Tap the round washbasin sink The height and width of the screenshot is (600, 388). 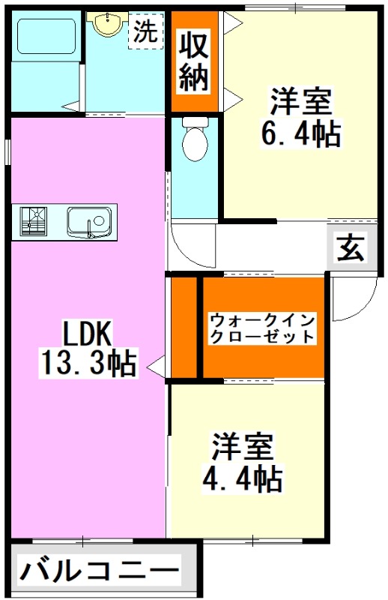point(107,23)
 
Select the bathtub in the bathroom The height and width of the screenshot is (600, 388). point(46,36)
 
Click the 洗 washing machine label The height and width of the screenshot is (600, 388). point(145,31)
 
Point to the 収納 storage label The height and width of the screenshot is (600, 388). point(194,61)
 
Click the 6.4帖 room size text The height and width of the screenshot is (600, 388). point(301,134)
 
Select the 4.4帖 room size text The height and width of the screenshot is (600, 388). point(243,478)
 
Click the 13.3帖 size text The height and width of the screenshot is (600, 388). point(88,363)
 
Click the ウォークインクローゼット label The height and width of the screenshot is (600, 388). point(263,328)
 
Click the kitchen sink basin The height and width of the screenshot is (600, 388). point(90,223)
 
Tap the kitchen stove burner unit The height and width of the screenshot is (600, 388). point(34,220)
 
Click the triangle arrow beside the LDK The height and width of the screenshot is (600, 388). point(156,368)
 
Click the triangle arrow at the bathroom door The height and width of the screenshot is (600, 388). point(71,106)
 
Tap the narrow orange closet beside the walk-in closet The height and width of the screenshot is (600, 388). point(184,327)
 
